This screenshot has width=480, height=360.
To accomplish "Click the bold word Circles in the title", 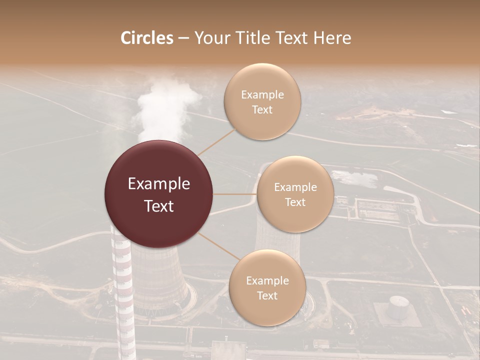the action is [146, 38].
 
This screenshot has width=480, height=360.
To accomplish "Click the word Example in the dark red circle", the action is [159, 184].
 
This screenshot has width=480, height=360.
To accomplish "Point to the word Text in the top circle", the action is [262, 110].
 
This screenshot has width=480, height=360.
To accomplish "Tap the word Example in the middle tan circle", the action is [295, 187].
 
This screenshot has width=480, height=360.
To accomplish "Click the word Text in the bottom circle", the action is [267, 296].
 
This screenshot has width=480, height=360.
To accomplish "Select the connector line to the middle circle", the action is [235, 193].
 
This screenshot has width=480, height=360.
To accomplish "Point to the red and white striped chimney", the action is [122, 290].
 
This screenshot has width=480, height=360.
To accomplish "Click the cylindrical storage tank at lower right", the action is [398, 306].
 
